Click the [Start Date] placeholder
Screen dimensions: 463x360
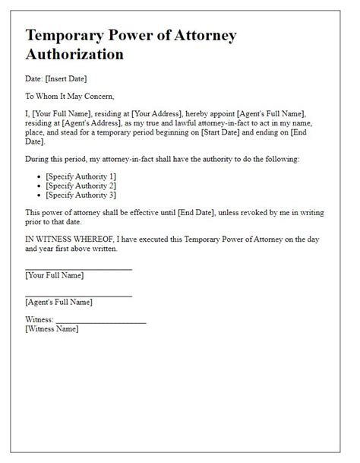point(264,132)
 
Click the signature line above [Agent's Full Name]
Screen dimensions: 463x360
point(78,295)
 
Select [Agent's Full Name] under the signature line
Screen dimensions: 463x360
point(58,303)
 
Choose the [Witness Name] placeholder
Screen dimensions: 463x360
point(52,329)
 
